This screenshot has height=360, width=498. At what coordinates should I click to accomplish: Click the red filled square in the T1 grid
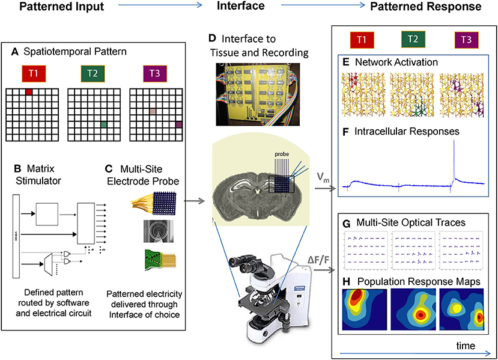pyautogui.click(x=29, y=91)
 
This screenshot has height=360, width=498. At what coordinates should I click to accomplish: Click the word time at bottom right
pyautogui.click(x=464, y=346)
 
